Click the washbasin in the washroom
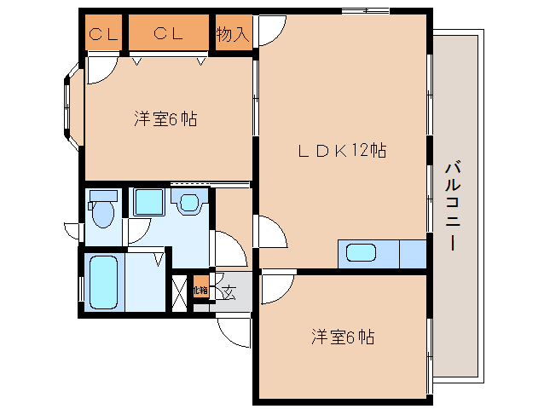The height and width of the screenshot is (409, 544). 188,203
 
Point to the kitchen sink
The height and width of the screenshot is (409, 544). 361,253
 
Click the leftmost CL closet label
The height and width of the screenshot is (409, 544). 103,34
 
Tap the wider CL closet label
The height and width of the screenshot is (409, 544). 168,34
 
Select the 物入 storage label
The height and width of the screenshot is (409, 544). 232,34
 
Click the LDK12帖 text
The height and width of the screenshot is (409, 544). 342,151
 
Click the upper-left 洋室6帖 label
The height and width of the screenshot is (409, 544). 165,119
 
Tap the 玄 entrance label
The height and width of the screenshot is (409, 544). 228,292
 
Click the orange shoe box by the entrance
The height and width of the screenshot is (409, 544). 200,290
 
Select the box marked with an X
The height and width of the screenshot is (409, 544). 181,292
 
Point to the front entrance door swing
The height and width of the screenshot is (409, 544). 233,328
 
